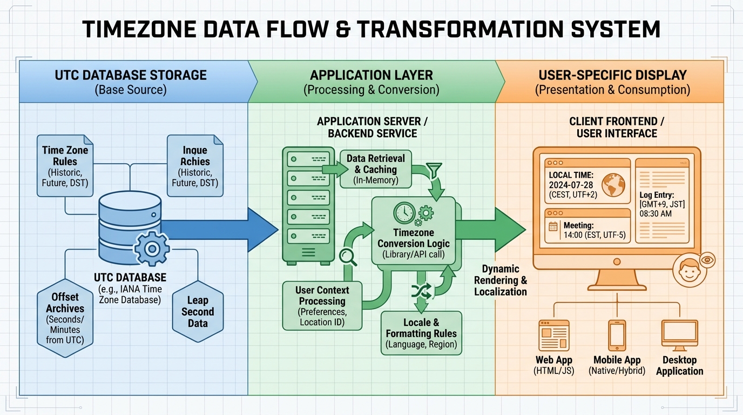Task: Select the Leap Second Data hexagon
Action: pos(198,312)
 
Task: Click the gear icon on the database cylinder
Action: pos(152,249)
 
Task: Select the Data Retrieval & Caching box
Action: pos(376,169)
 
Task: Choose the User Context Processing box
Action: pos(322,305)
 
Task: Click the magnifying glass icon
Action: pos(348,257)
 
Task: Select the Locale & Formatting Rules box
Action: pos(421,333)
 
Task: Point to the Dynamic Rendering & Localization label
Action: pos(500,280)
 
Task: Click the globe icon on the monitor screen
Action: pos(613,185)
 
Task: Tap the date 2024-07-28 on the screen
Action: pos(571,185)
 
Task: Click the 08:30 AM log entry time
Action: pos(656,214)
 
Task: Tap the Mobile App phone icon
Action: pos(617,335)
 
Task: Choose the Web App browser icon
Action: pos(554,336)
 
